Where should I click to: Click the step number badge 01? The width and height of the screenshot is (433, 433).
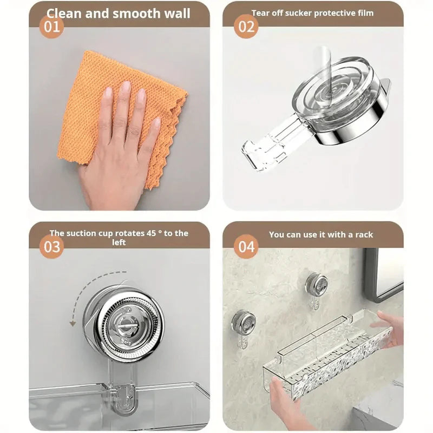tap(51, 27)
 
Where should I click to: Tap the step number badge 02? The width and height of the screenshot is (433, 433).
tap(246, 27)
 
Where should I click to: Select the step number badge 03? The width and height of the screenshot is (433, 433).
tap(51, 247)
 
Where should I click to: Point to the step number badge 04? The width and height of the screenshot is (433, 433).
tap(246, 247)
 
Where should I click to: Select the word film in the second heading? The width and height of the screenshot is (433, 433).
tap(364, 12)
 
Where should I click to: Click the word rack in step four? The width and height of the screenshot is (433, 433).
tap(364, 235)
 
